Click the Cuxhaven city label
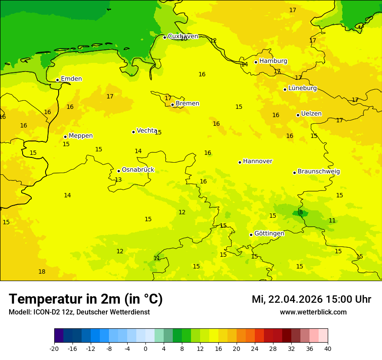183,36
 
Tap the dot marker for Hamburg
256,62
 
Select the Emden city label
71,79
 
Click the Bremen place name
188,104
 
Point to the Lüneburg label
303,88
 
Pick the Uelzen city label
311,114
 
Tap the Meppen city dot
66,137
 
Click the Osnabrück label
138,170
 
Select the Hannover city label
257,161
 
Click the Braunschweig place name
319,172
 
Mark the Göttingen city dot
251,235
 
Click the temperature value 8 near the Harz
301,213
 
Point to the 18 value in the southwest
42,272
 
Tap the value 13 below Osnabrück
118,180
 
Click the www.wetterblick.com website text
313,312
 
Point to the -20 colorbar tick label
54,349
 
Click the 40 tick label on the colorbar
327,349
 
